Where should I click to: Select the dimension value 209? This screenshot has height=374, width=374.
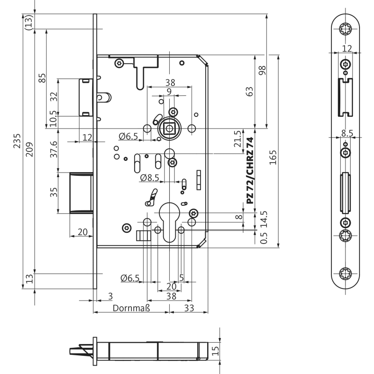[29, 149]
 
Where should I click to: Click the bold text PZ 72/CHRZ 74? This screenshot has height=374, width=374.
[250, 171]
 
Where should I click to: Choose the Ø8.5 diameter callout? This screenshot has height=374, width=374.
[150, 178]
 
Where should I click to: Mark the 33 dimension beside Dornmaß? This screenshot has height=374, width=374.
[189, 308]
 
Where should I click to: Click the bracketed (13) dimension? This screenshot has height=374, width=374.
[29, 22]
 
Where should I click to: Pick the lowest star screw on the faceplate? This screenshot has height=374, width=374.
[346, 273]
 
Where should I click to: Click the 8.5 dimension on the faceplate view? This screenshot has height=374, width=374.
[347, 133]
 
